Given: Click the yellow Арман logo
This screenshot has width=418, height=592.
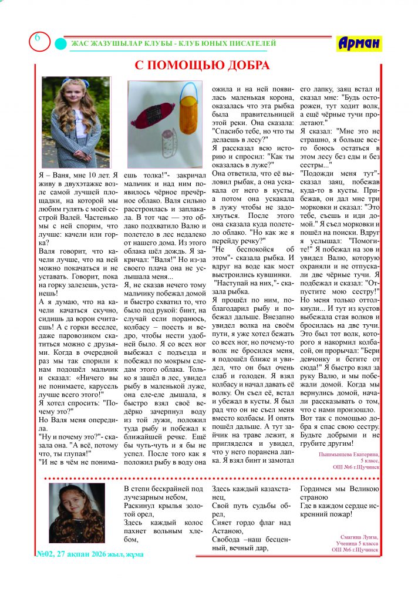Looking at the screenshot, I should click(x=359, y=43).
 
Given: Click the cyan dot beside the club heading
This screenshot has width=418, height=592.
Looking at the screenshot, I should click(x=60, y=44).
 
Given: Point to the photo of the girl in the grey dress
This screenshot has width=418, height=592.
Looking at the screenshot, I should click(x=76, y=122).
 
